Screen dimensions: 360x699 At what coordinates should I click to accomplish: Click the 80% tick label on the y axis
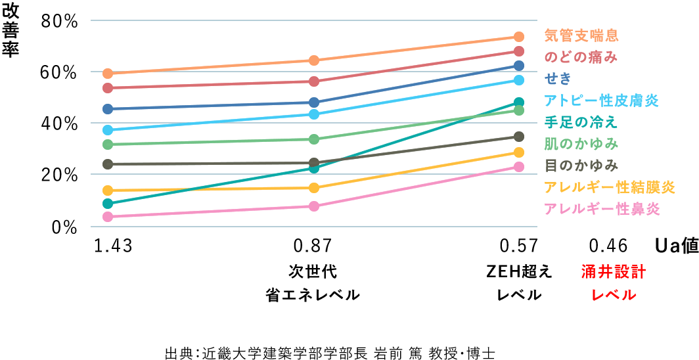(x=60, y=21)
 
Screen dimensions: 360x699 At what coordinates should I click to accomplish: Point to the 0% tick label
(x=66, y=226)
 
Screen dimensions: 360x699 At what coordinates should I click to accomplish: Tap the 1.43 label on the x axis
(x=114, y=246)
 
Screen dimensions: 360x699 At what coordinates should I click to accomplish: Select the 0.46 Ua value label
(x=608, y=246)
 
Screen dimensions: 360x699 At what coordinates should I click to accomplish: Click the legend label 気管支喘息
(x=581, y=35)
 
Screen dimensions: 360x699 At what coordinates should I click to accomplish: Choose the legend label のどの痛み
(x=581, y=57)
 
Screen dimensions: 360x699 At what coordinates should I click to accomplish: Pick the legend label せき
(x=558, y=79)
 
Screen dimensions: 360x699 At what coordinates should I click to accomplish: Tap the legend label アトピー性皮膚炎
(x=601, y=101)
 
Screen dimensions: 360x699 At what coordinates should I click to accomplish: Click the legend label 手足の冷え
(x=581, y=122)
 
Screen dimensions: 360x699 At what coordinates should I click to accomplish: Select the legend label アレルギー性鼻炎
(x=601, y=209)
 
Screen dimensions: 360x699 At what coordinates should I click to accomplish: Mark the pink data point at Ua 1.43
(x=108, y=217)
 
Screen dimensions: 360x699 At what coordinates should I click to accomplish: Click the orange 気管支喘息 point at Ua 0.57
(x=518, y=37)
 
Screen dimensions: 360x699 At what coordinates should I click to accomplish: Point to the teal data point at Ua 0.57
(x=518, y=102)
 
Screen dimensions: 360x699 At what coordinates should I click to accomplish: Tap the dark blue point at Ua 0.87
(x=314, y=102)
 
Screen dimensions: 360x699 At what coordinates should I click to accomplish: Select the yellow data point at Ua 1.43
(x=108, y=191)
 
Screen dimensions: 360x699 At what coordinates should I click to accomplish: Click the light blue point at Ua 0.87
(x=314, y=114)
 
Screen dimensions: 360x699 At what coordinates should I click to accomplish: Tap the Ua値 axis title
(x=676, y=246)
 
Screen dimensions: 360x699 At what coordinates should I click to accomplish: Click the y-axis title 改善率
(x=11, y=30)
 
